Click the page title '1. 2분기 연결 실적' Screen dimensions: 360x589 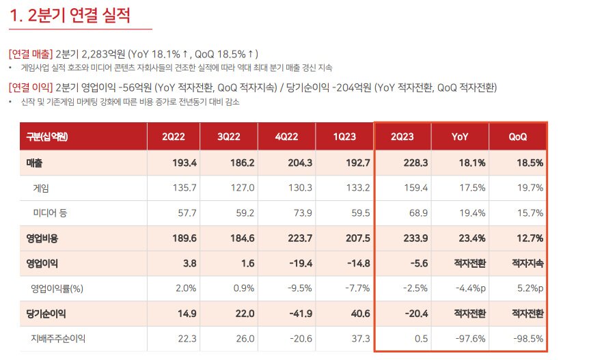click(70, 15)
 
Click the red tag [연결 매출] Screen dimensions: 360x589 click(31, 53)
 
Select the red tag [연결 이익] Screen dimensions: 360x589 click(31, 87)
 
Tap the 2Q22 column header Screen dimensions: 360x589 click(172, 137)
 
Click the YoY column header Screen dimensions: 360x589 click(460, 137)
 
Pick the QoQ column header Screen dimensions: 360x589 click(518, 137)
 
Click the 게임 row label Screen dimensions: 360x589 click(40, 186)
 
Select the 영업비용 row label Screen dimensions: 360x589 click(42, 238)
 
